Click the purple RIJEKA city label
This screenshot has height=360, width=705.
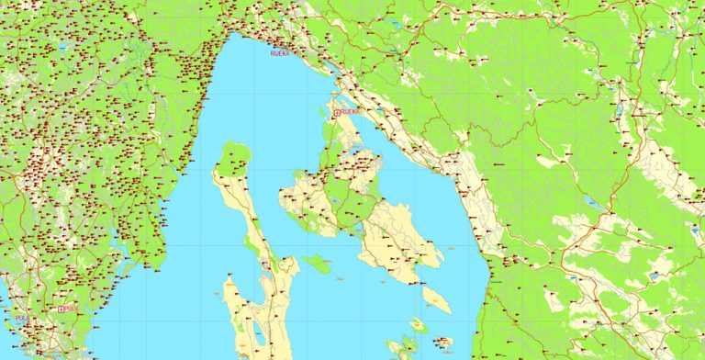pyautogui.click(x=279, y=54)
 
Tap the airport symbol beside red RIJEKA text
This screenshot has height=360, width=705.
pyautogui.click(x=337, y=112)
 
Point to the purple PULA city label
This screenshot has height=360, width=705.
pyautogui.click(x=21, y=318)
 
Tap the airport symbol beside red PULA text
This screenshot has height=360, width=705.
pyautogui.click(x=62, y=309)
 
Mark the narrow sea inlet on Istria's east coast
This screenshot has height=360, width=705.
pyautogui.click(x=114, y=241)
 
